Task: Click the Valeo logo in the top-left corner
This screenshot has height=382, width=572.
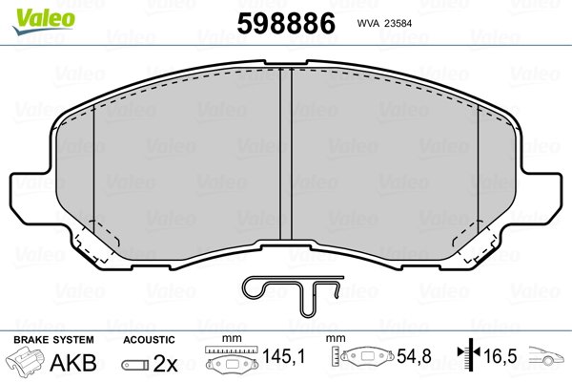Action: pyautogui.click(x=44, y=21)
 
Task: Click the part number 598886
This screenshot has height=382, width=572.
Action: pyautogui.click(x=286, y=23)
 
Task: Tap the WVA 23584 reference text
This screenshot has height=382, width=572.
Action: pyautogui.click(x=384, y=23)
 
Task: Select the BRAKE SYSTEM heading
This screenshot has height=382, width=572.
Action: pyautogui.click(x=53, y=340)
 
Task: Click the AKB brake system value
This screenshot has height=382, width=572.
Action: pyautogui.click(x=73, y=362)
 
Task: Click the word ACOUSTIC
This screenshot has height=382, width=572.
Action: pyautogui.click(x=149, y=340)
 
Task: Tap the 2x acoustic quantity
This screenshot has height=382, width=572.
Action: pyautogui.click(x=165, y=363)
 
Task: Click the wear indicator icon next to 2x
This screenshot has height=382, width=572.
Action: pyautogui.click(x=135, y=365)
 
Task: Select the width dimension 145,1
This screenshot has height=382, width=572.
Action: pyautogui.click(x=284, y=356)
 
